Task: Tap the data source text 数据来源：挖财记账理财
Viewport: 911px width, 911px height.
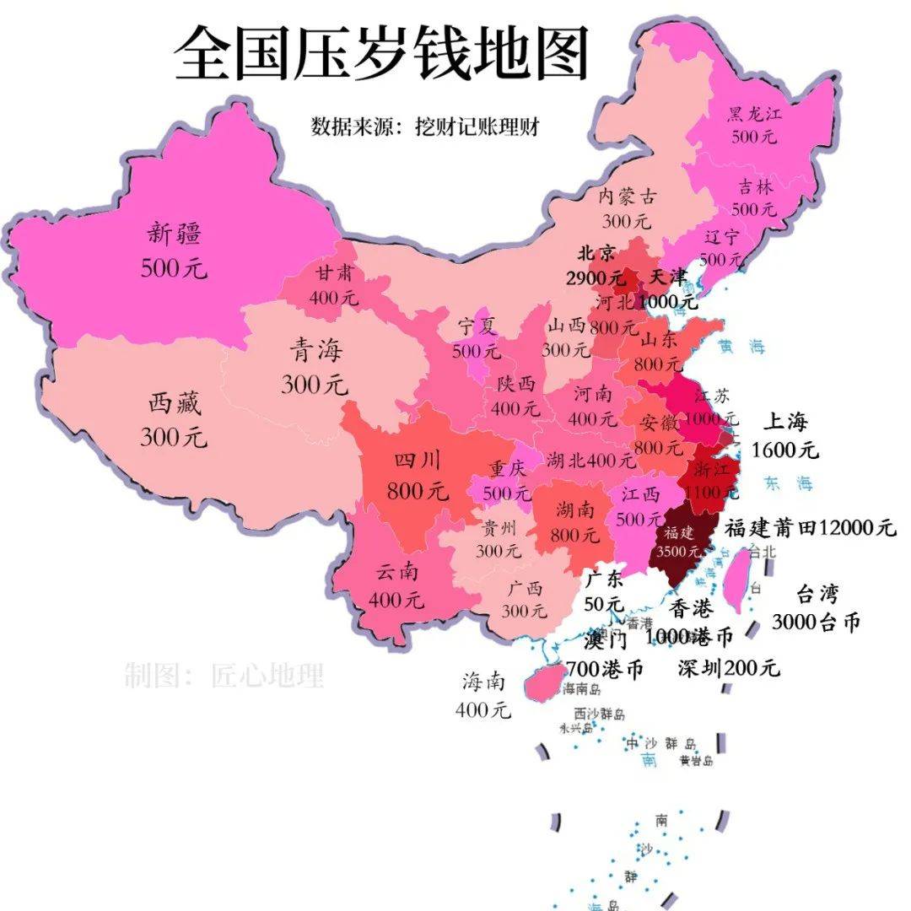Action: tap(425, 127)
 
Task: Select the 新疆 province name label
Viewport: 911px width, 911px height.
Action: tap(174, 232)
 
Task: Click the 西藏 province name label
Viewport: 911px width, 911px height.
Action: tap(174, 404)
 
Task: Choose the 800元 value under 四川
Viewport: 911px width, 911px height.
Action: tap(418, 490)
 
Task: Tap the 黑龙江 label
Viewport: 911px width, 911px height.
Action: tap(754, 115)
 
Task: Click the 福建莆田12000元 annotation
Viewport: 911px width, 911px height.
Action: tap(810, 528)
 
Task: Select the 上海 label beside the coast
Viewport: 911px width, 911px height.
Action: tap(785, 421)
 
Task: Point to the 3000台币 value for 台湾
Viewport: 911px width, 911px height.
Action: tap(817, 623)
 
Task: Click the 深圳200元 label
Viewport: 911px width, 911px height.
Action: tap(729, 668)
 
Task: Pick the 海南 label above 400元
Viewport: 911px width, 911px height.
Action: tap(483, 680)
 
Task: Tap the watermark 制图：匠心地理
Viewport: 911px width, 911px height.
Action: tap(224, 676)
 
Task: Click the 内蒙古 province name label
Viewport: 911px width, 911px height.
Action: tap(627, 197)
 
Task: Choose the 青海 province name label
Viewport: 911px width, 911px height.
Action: tap(315, 351)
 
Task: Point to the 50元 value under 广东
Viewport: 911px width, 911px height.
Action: tap(604, 605)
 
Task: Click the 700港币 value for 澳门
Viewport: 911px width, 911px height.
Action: tap(604, 669)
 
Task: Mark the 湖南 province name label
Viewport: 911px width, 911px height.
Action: tap(574, 509)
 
